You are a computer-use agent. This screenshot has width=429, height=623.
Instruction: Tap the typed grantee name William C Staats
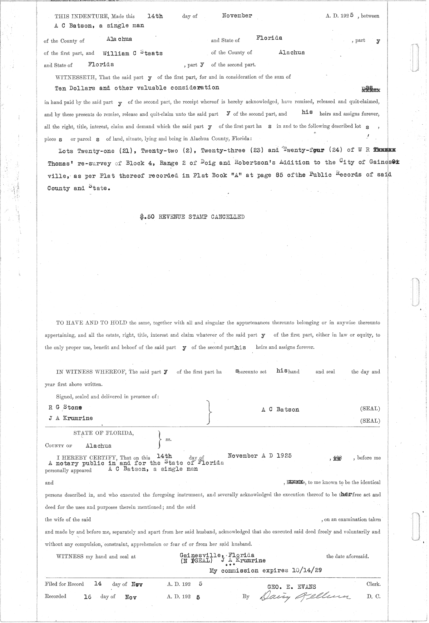coord(133,53)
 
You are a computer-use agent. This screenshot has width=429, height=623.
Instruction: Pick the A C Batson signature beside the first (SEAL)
coord(280,410)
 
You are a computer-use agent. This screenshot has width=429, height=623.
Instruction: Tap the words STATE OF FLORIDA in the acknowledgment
coord(104,433)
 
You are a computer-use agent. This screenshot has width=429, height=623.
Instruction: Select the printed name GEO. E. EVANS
coord(291,587)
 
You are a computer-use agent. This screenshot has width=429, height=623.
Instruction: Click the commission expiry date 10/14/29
coord(307,571)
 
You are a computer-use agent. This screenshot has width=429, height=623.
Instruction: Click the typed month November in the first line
coord(237,16)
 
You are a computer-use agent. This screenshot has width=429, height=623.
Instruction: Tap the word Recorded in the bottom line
coord(55,596)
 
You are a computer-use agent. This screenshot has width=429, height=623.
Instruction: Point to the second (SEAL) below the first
coord(370,421)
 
